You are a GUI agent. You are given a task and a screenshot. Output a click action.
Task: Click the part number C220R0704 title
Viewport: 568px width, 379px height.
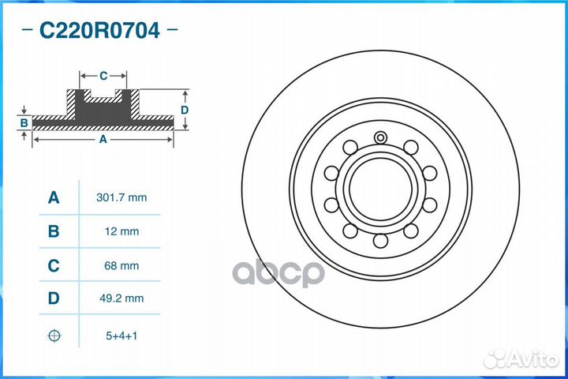point(99,32)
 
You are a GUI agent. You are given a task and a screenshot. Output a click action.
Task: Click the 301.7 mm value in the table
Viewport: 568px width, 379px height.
point(121,197)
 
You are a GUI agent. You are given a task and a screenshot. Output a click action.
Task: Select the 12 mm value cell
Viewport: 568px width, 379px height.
point(121,231)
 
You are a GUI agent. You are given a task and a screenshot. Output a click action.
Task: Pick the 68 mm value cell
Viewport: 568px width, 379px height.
point(121,266)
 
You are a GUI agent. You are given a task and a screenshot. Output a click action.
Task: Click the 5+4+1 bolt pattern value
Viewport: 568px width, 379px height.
point(121,336)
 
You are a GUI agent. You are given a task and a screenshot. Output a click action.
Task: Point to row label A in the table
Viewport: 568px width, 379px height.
point(54,197)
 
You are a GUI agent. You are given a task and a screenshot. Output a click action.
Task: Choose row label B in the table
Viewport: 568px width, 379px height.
point(54,231)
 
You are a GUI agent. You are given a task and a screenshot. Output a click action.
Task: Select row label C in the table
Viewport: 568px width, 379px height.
point(54,266)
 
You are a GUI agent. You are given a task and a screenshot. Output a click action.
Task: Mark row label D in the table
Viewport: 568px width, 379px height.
point(54,300)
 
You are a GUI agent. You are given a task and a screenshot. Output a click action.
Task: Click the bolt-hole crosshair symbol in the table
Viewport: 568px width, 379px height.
point(54,336)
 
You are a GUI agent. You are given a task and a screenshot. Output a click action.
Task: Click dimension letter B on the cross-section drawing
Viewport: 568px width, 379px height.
point(24,122)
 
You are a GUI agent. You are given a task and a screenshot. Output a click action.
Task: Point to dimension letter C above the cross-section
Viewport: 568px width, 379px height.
point(103,76)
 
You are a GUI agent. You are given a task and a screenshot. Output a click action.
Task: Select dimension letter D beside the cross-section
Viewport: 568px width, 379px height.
point(184,111)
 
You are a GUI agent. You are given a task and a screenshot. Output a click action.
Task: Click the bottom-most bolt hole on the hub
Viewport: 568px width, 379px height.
point(380,241)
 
